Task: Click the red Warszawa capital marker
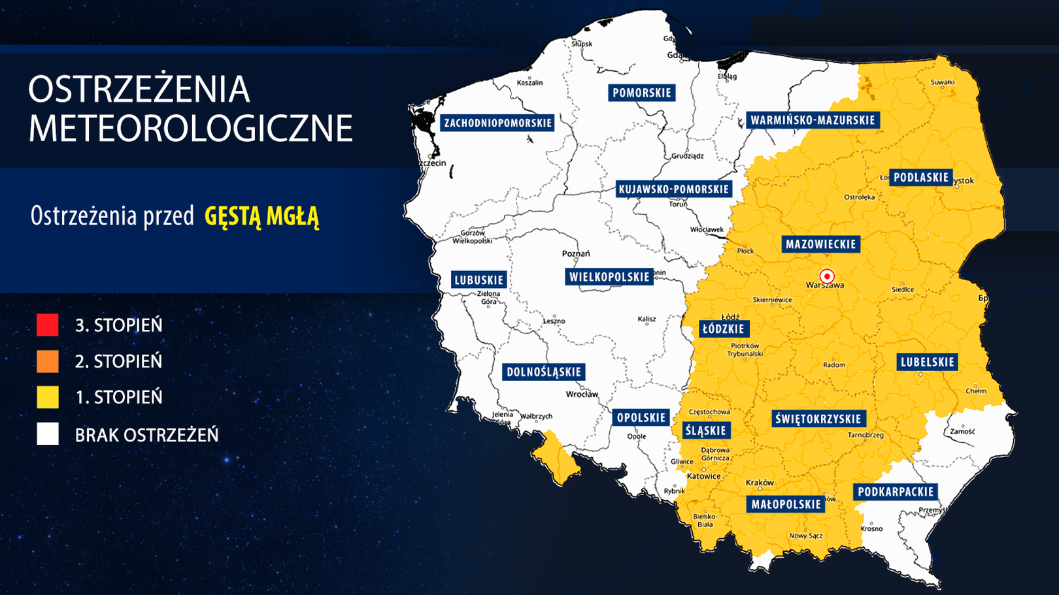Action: pos(827,276)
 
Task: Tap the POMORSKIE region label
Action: pos(641,93)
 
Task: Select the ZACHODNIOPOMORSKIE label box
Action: pos(497,123)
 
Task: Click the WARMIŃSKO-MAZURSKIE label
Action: pos(813,120)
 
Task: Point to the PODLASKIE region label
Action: pos(920,177)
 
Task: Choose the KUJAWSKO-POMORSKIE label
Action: pos(673,189)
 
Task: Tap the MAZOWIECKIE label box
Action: pos(820,244)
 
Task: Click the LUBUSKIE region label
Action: pos(479,280)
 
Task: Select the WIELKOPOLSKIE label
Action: pos(609,277)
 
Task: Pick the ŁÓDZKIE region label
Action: pos(723,329)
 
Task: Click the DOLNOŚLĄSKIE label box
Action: pos(544,372)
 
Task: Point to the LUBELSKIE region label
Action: pos(927,362)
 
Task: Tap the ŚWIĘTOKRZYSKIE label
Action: pos(818,419)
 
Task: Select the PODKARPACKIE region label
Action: pos(896,492)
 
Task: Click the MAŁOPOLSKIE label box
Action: pos(786,504)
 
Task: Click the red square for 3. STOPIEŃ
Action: pos(48,325)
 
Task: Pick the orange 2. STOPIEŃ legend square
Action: pos(48,361)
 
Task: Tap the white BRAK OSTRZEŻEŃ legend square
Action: pos(48,434)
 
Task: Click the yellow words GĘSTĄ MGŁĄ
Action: pos(261,216)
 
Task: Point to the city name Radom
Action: pos(833,364)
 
